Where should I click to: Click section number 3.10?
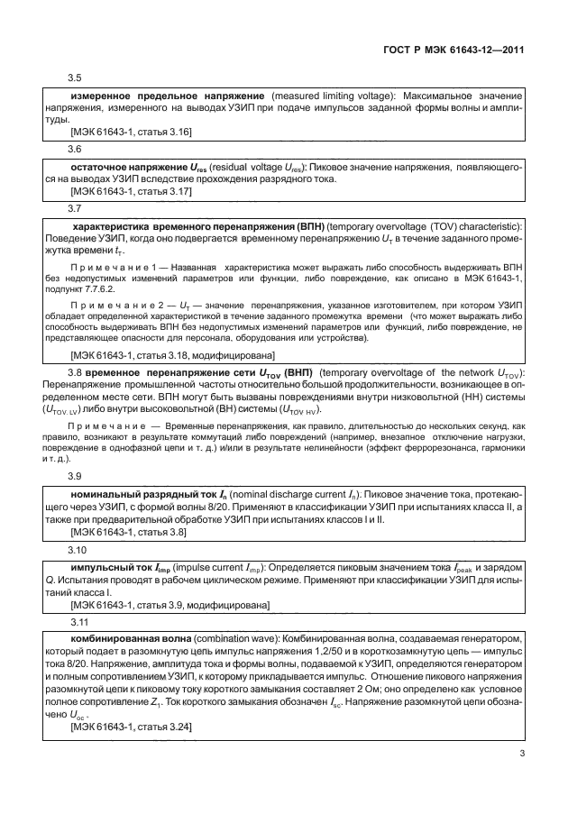(x=78, y=549)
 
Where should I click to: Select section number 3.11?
(x=78, y=621)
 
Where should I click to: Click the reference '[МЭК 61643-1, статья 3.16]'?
(x=131, y=132)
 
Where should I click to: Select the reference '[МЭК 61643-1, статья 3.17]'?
(x=131, y=191)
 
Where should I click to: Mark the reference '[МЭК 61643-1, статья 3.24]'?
(x=131, y=723)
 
